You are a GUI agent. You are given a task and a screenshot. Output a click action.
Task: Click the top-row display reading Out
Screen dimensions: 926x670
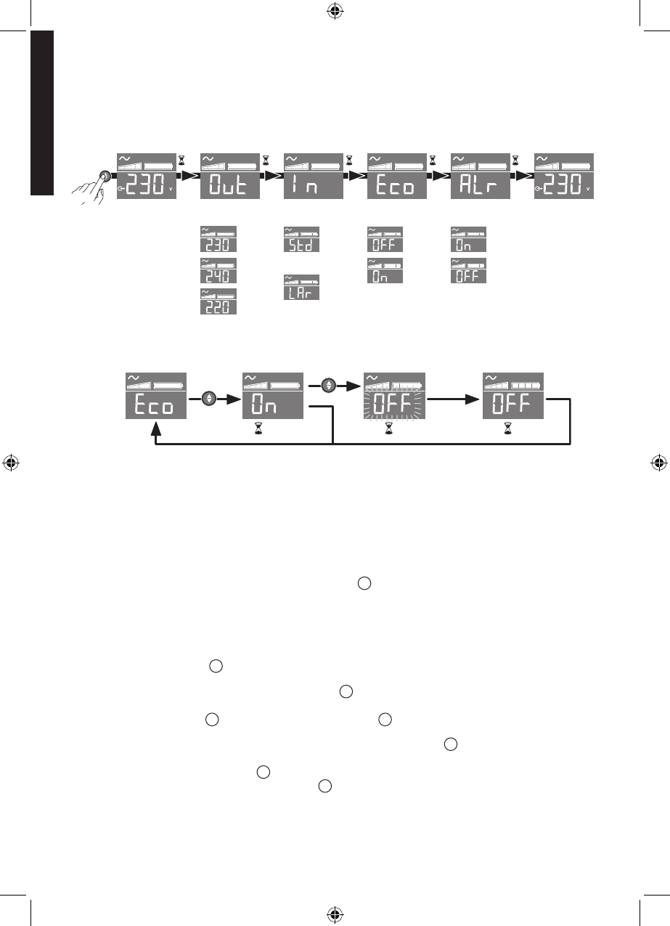(230, 176)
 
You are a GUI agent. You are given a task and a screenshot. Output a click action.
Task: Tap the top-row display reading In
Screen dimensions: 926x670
(313, 176)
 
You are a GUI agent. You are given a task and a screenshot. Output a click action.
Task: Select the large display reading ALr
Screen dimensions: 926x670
(480, 176)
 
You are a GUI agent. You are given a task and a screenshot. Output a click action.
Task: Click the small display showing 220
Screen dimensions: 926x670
(218, 301)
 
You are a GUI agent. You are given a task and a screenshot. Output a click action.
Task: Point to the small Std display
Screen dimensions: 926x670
(301, 240)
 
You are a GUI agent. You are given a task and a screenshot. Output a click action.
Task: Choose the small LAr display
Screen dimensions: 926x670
(301, 288)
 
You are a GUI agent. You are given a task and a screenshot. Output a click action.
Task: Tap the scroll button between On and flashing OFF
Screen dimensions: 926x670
(330, 386)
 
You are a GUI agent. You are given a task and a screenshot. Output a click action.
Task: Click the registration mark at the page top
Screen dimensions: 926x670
(335, 10)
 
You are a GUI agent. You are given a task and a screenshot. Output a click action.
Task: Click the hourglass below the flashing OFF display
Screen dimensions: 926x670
(389, 431)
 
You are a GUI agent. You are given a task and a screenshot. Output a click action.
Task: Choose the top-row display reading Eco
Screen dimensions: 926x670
(397, 176)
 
